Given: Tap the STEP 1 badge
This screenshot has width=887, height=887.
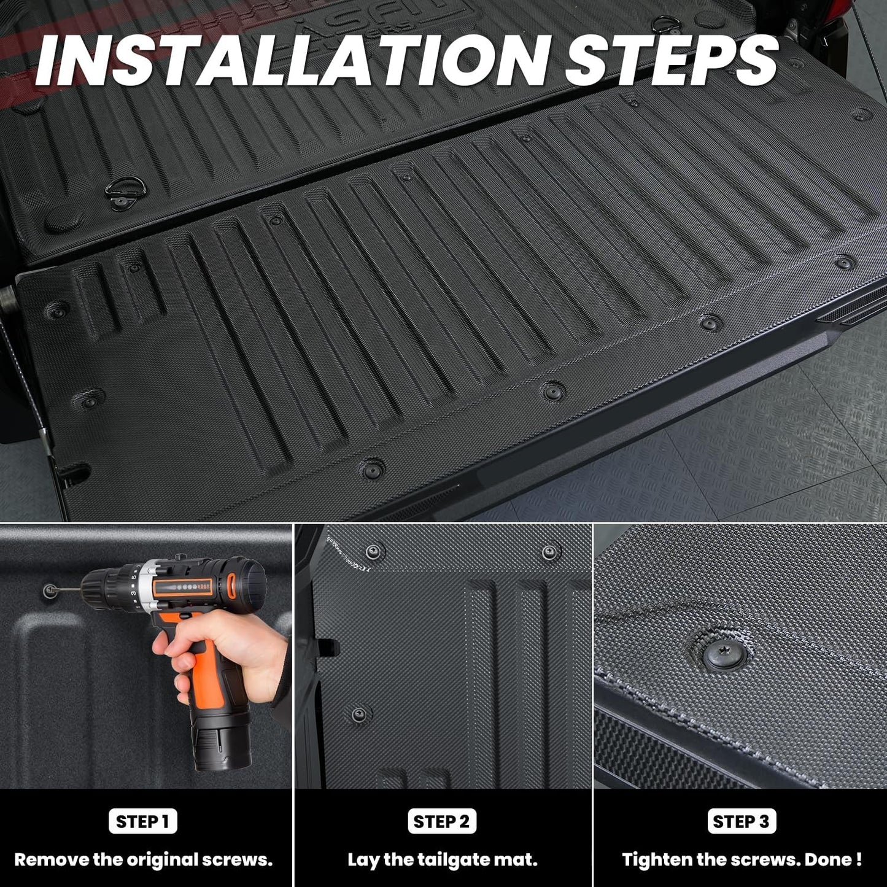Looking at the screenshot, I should pyautogui.click(x=142, y=821).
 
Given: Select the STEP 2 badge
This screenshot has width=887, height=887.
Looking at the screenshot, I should pyautogui.click(x=442, y=821).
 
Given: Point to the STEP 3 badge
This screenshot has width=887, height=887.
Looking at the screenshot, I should pyautogui.click(x=741, y=821).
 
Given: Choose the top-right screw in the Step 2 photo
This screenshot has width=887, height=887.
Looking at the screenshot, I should pyautogui.click(x=550, y=550).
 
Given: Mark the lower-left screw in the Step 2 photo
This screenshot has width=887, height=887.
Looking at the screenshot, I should pyautogui.click(x=359, y=714).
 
